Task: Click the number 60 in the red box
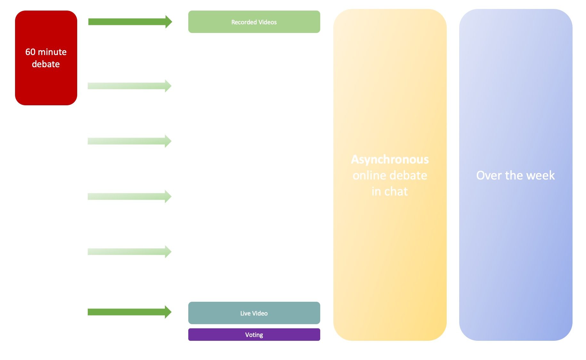(30, 52)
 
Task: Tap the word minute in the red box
(52, 52)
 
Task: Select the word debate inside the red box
(46, 64)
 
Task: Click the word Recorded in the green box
(244, 22)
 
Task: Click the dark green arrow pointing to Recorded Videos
(130, 22)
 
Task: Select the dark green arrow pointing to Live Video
(130, 312)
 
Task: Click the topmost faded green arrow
(130, 86)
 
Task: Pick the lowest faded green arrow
(130, 252)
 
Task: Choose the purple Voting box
(254, 335)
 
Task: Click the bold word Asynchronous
(390, 159)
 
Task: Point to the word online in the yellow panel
(369, 175)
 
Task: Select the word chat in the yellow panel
(396, 191)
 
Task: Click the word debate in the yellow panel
(408, 175)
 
